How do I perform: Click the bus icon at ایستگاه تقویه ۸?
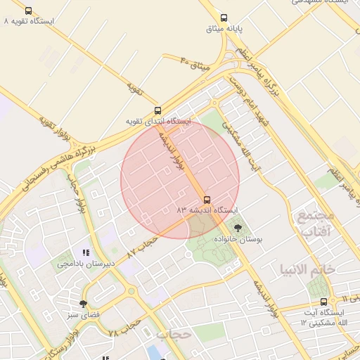[28, 11]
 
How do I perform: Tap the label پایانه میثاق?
[224, 29]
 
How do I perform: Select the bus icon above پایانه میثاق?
[224, 18]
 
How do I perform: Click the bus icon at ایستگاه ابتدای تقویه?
[157, 110]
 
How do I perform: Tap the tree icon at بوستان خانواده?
[237, 228]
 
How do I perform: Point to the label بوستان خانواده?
[237, 240]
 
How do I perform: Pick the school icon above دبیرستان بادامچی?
[86, 252]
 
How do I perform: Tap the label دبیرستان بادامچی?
[86, 264]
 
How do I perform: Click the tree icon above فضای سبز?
[83, 304]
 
